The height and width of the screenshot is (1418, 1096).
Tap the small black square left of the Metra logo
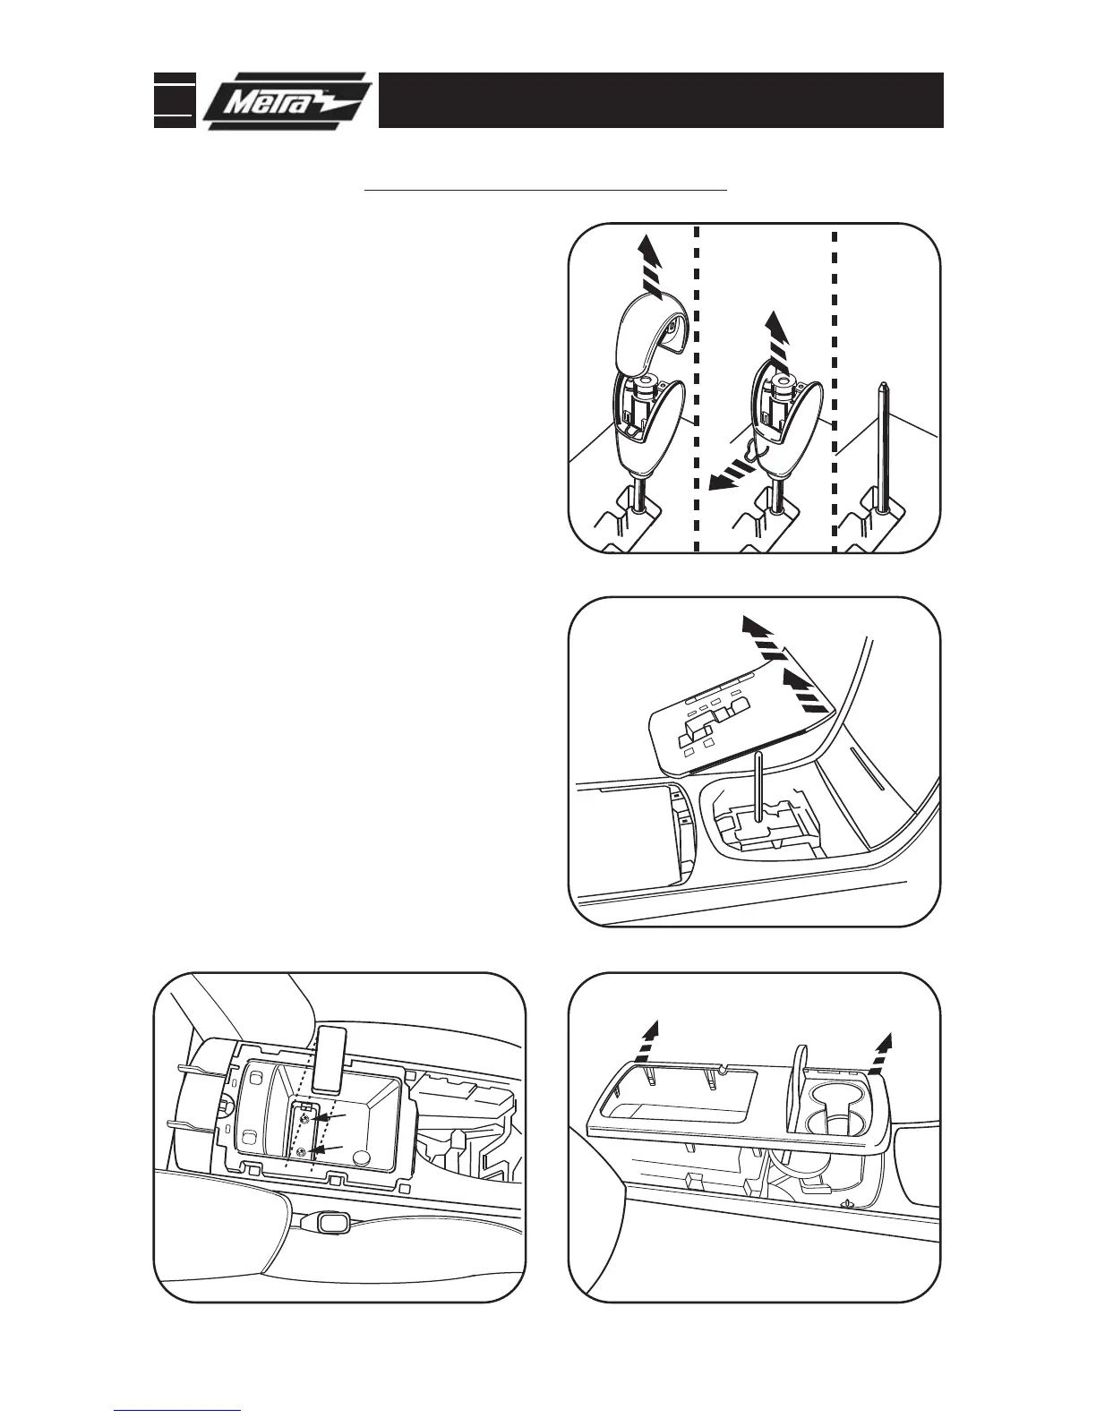click(x=174, y=99)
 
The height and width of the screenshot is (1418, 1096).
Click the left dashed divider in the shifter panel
click(x=696, y=385)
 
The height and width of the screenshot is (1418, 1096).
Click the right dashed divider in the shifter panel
click(x=835, y=385)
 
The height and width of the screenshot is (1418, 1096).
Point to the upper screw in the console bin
click(x=306, y=1120)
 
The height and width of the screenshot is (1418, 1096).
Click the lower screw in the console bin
click(x=303, y=1153)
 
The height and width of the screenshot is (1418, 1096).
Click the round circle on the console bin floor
click(x=362, y=1157)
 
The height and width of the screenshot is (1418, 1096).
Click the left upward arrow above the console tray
click(x=652, y=1042)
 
